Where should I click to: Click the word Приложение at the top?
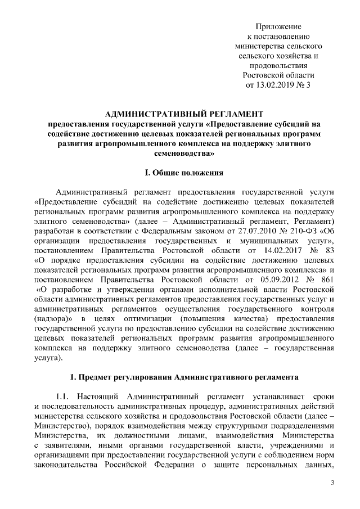pyautogui.click(x=278, y=26)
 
